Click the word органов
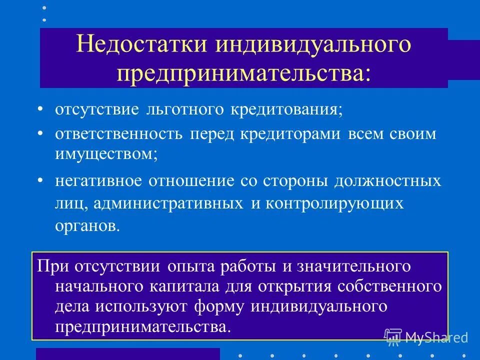87,226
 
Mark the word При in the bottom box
52,266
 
